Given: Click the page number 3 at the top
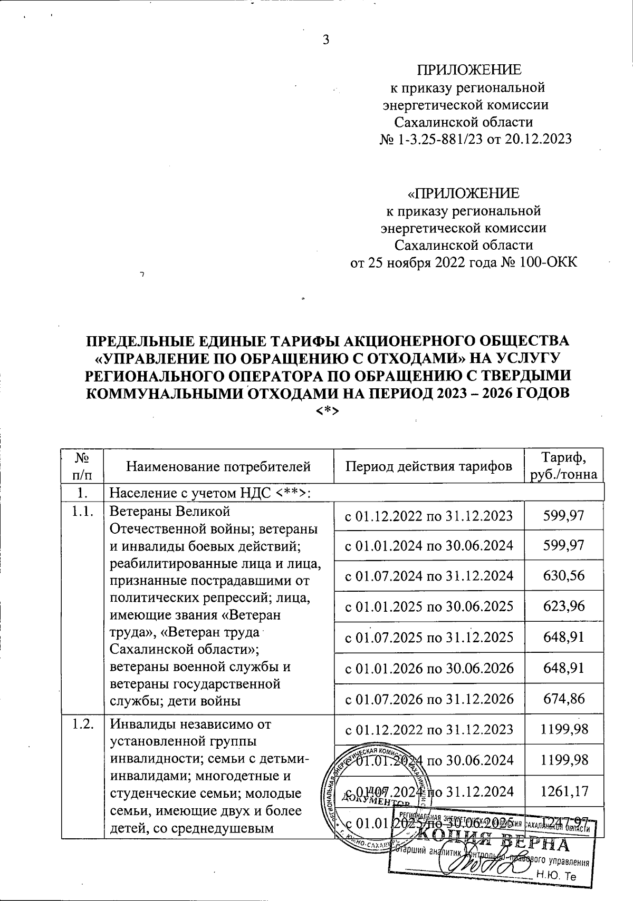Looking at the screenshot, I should point(325,40).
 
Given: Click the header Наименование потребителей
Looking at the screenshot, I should point(218,466).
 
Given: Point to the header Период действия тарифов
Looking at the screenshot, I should point(428,466).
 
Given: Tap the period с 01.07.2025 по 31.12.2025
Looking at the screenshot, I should point(428,638).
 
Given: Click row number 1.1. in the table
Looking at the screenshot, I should point(82,511).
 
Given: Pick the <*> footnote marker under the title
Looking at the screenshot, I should point(327,410).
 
